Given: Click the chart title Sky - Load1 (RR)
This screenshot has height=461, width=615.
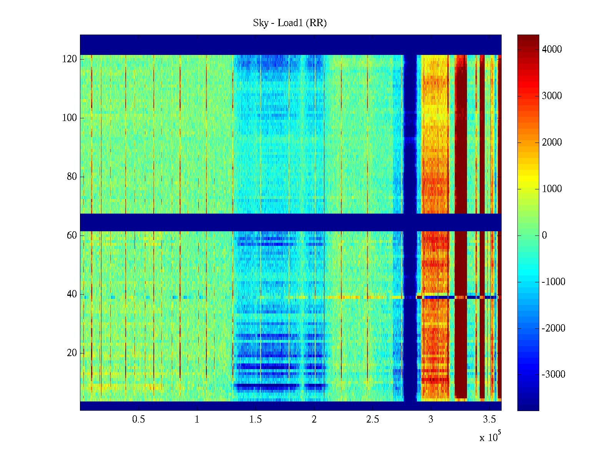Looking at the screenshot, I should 290,23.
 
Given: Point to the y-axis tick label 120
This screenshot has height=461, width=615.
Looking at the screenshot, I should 70,59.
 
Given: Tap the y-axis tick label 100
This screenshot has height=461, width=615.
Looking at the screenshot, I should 70,118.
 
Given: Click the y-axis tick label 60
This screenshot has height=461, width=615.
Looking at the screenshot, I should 72,235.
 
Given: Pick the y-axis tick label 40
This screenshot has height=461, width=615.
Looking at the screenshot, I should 72,294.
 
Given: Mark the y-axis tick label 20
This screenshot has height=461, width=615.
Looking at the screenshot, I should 72,353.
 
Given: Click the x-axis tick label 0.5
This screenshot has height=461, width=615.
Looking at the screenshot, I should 138,420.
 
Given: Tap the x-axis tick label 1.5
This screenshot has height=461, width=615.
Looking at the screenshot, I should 256,420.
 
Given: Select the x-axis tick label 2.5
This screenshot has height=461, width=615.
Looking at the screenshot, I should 372,420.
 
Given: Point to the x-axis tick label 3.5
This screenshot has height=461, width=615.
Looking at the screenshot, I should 489,420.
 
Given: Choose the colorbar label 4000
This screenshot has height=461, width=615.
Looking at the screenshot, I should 552,49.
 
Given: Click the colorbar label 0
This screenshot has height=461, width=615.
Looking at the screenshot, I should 544,235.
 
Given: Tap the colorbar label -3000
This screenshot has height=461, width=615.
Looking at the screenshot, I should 553,375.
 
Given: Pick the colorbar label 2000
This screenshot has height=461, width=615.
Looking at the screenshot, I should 552,142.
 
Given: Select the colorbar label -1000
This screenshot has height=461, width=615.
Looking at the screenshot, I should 553,282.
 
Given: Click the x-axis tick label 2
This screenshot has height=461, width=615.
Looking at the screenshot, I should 314,420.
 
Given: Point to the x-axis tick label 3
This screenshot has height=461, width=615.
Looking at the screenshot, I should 431,420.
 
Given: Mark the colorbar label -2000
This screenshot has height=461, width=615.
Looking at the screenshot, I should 553,328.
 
